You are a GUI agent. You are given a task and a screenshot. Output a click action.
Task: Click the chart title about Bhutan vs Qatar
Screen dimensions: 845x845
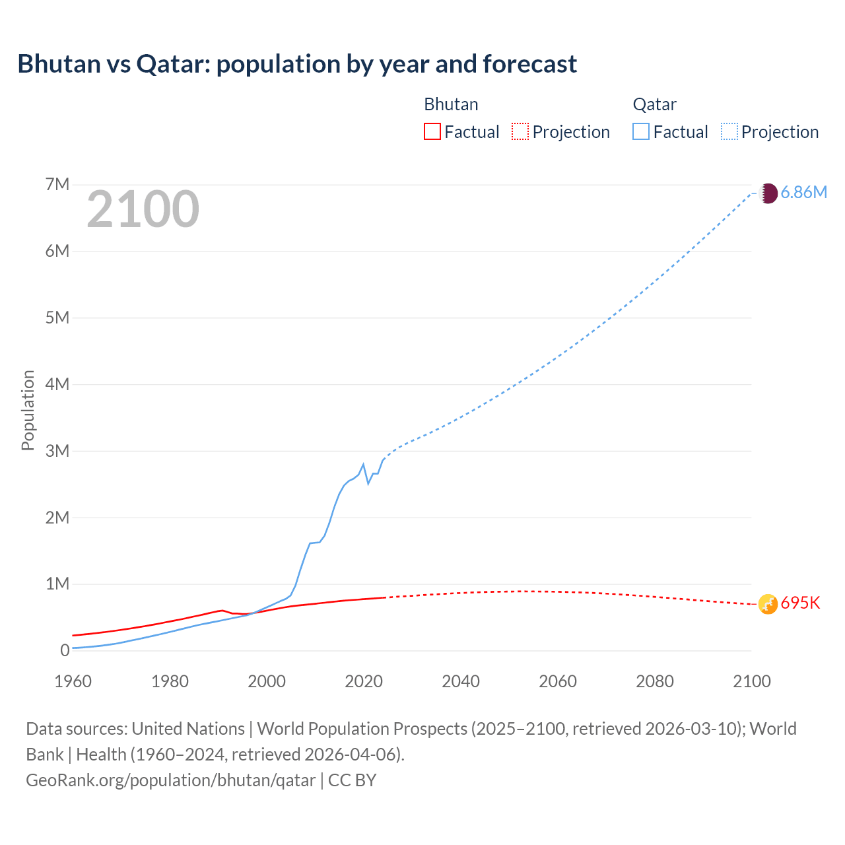(x=297, y=64)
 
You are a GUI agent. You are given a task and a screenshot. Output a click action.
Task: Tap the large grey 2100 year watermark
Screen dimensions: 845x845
(x=143, y=209)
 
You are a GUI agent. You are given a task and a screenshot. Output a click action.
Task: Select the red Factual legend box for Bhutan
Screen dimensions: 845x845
(x=432, y=131)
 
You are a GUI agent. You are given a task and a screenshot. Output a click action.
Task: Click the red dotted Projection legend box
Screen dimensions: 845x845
(x=520, y=131)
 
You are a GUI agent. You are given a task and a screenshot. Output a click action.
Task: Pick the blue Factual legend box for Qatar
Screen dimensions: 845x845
(x=640, y=131)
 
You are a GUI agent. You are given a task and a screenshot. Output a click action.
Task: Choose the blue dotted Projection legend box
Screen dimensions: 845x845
(x=729, y=131)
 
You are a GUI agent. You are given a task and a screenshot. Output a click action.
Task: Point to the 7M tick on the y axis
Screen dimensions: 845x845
(x=57, y=184)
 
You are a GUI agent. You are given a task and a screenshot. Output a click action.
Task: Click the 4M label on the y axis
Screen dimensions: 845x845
(x=57, y=384)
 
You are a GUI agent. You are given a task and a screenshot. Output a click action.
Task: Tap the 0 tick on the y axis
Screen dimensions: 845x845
(x=65, y=650)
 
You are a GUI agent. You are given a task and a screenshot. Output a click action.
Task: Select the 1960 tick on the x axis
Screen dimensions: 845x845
(x=73, y=681)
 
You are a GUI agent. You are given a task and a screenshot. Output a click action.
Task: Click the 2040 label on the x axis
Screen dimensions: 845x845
(x=461, y=681)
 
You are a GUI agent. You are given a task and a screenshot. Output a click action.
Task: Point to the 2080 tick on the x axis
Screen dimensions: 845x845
(x=655, y=681)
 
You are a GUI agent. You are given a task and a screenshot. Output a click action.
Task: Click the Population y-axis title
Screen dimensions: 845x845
(x=28, y=410)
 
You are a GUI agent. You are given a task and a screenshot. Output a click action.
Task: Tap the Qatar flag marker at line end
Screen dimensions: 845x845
(x=768, y=193)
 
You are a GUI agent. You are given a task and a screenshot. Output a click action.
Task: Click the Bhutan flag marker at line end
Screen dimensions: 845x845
(x=768, y=604)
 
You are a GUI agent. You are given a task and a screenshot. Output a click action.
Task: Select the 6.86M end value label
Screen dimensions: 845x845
(x=803, y=192)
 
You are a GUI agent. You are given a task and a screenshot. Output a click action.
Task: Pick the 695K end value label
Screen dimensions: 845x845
(x=800, y=603)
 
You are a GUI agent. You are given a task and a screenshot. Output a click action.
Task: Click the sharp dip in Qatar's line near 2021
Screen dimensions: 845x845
(x=368, y=483)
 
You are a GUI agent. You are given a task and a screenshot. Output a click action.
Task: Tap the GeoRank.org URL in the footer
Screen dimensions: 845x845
(x=170, y=780)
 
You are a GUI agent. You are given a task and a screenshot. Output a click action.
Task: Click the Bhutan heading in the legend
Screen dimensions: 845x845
(x=451, y=104)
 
